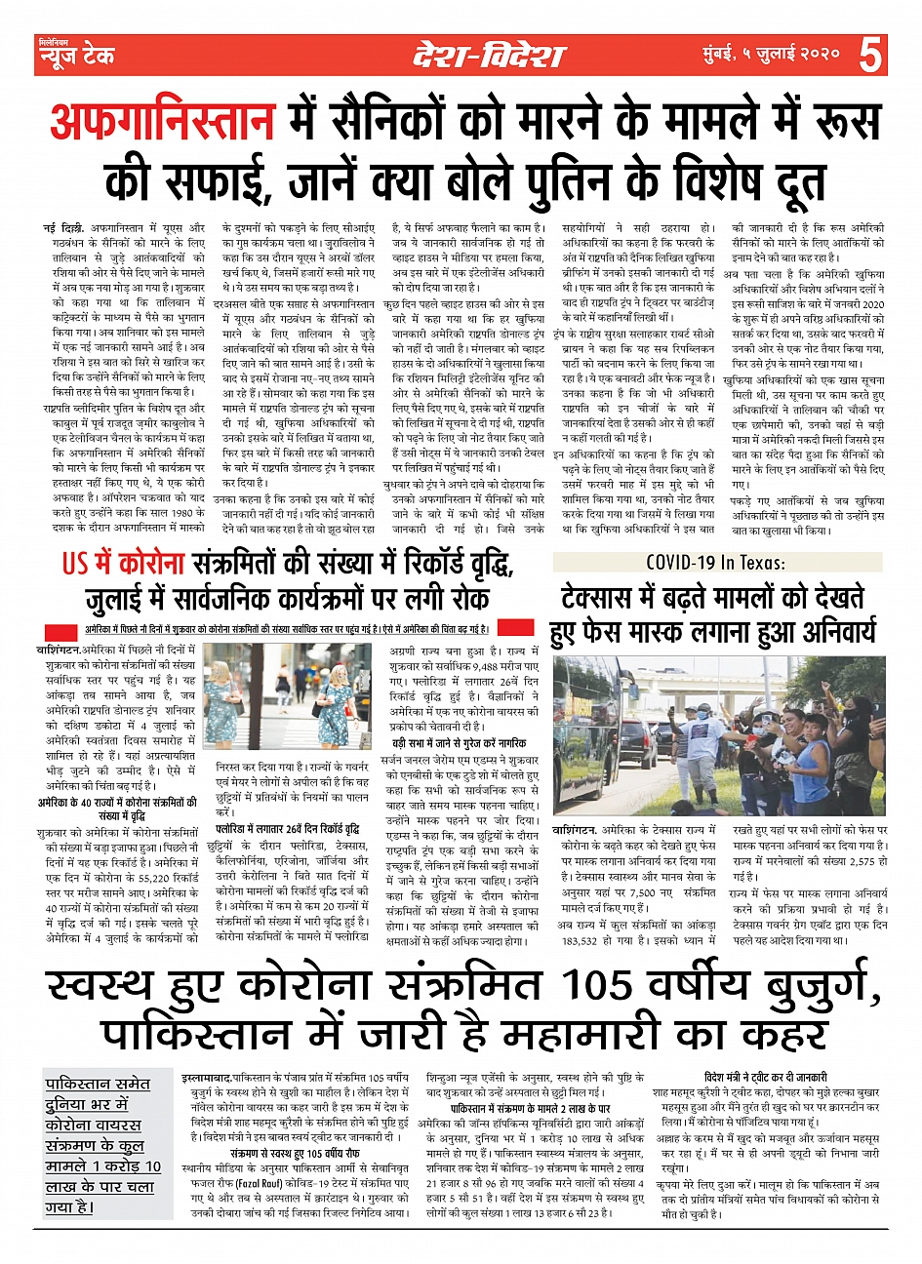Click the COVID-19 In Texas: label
coord(717,563)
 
